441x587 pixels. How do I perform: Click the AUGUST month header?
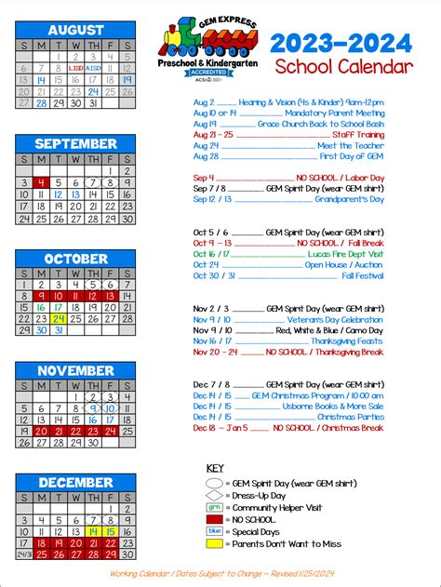pos(75,29)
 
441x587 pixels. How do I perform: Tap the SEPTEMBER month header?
pos(75,144)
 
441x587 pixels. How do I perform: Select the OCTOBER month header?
pos(75,259)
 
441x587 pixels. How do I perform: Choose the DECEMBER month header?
pos(75,482)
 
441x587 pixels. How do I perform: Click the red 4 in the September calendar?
pos(41,183)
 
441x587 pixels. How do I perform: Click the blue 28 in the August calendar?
pos(41,103)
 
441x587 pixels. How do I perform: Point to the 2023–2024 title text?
pos(341,42)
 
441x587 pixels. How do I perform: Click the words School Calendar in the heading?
pos(342,67)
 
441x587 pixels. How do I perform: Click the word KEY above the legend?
pos(215,468)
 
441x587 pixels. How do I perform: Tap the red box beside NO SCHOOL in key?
pos(215,520)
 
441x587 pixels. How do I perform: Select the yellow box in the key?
pos(215,543)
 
